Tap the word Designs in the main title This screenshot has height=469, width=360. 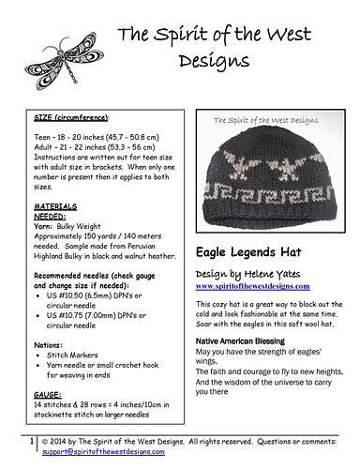click(x=203, y=63)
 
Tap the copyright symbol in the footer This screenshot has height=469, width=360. click(x=47, y=440)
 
